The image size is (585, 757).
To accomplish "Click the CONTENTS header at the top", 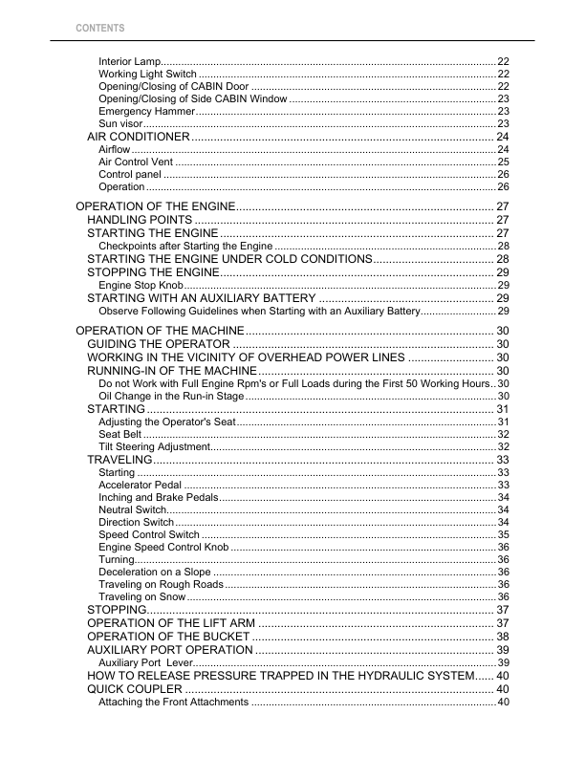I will [x=99, y=28].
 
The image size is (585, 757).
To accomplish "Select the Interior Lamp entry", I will [x=130, y=61].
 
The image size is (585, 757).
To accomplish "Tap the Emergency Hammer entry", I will [x=143, y=112].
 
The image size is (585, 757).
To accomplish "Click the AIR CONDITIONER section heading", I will [x=138, y=138].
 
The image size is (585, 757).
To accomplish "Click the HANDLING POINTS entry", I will [x=140, y=221].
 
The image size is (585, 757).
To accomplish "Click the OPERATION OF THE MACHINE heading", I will [x=157, y=331].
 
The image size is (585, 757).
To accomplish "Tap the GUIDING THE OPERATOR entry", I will [x=158, y=344].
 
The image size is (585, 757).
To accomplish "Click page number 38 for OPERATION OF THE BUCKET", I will [x=502, y=637].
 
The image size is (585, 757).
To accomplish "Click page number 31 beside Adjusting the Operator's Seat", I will [x=503, y=422].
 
